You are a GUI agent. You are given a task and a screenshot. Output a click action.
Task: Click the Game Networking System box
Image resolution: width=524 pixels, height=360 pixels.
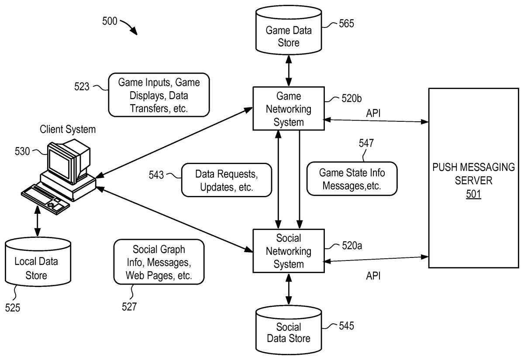click(289, 108)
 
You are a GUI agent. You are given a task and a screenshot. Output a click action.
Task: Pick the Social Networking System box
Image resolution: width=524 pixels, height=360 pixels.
click(289, 251)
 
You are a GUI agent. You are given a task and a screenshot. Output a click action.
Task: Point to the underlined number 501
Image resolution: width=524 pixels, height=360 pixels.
click(473, 194)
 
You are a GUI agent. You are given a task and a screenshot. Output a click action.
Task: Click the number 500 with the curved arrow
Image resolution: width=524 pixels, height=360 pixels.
click(109, 21)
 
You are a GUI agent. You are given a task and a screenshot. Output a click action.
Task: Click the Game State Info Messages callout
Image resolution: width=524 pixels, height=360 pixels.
click(352, 178)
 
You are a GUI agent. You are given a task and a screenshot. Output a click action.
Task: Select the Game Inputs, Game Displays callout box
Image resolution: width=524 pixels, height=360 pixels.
click(159, 95)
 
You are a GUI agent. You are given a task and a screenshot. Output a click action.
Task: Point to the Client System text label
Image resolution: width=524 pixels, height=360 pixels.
click(68, 130)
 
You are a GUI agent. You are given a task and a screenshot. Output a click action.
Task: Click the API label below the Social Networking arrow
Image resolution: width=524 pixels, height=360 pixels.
click(373, 276)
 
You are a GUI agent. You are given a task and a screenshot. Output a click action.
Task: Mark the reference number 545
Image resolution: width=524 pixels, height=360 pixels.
click(346, 326)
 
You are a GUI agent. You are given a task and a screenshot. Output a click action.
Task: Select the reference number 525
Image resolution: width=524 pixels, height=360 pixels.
click(13, 308)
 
